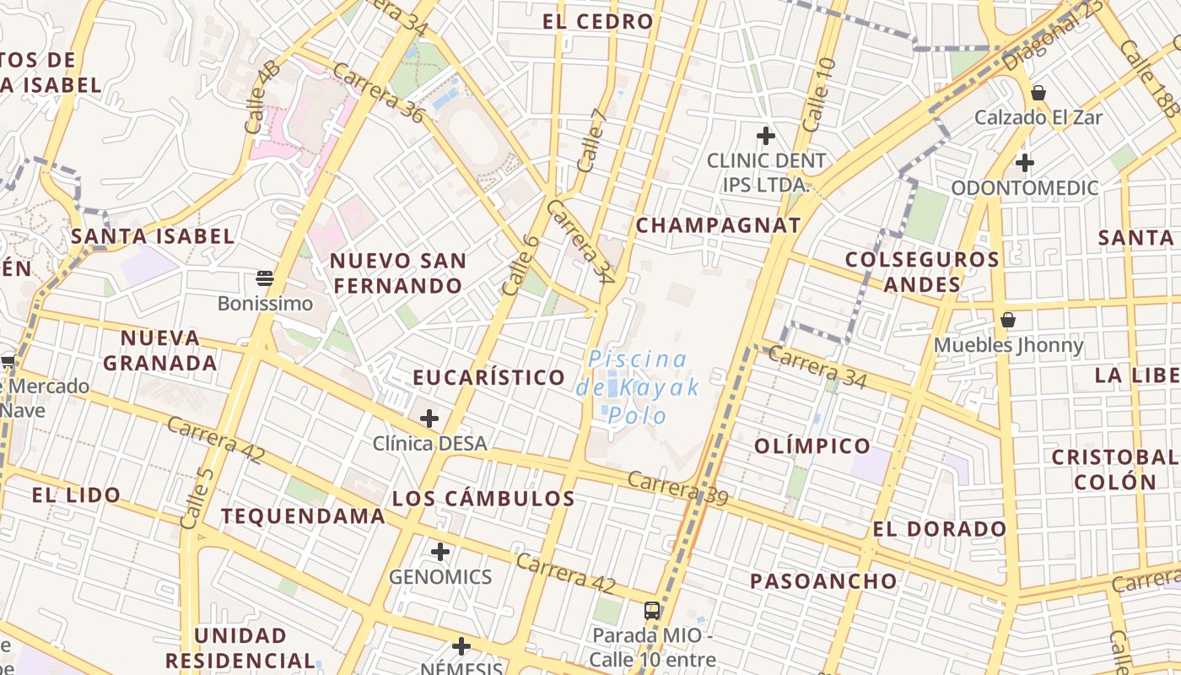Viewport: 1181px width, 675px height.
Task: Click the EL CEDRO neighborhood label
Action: click(x=598, y=22)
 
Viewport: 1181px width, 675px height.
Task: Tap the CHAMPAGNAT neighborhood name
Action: click(x=718, y=225)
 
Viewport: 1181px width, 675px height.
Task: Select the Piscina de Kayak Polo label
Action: click(x=639, y=387)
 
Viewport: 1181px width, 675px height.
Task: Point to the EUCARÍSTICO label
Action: click(x=489, y=377)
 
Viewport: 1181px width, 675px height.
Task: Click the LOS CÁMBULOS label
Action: click(x=483, y=499)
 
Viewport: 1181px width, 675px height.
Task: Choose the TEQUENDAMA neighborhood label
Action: click(x=304, y=516)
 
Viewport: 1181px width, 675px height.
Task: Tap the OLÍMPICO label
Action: click(x=812, y=445)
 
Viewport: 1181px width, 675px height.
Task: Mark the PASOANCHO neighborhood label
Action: click(x=823, y=580)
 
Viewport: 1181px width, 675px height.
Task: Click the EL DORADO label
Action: click(x=940, y=529)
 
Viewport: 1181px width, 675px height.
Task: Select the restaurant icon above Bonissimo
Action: click(x=265, y=278)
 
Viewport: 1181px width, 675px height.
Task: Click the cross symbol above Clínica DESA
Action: click(x=429, y=418)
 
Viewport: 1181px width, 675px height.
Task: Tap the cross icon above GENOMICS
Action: click(x=440, y=552)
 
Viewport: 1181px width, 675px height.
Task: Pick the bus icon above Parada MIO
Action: click(x=652, y=609)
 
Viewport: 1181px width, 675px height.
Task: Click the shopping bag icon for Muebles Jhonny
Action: click(x=1008, y=320)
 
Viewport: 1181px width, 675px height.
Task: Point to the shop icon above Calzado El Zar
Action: click(x=1038, y=92)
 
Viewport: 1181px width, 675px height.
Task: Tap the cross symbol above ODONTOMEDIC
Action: click(x=1025, y=162)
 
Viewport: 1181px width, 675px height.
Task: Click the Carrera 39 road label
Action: click(x=678, y=489)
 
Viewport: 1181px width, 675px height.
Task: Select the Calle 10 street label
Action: click(x=819, y=94)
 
